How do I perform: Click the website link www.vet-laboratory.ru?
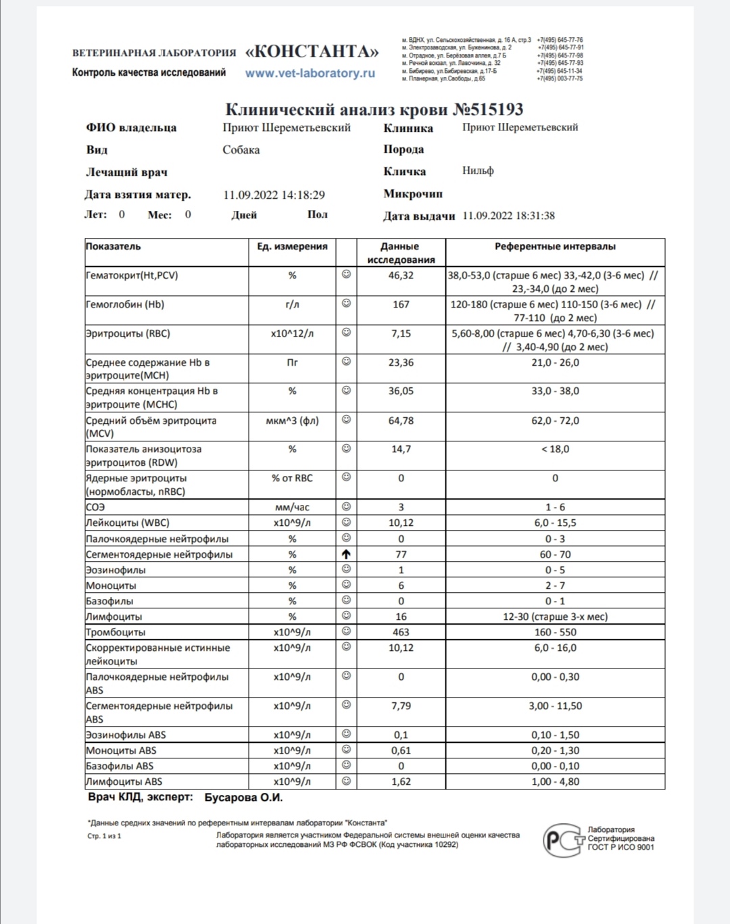pyautogui.click(x=310, y=73)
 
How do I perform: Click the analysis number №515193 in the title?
pyautogui.click(x=487, y=110)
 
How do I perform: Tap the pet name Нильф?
pyautogui.click(x=478, y=171)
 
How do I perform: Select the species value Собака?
pyautogui.click(x=241, y=150)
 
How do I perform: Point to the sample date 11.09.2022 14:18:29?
pyautogui.click(x=274, y=195)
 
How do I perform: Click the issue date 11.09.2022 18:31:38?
pyautogui.click(x=508, y=216)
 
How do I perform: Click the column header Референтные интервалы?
pyautogui.click(x=555, y=247)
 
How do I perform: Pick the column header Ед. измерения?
pyautogui.click(x=292, y=247)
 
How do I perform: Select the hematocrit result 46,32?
pyautogui.click(x=401, y=276)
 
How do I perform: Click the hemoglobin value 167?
pyautogui.click(x=401, y=305)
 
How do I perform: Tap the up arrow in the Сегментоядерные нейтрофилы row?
pyautogui.click(x=346, y=554)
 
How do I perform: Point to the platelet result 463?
pyautogui.click(x=401, y=632)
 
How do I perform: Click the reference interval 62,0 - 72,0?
pyautogui.click(x=555, y=420)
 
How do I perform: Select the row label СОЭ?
pyautogui.click(x=95, y=507)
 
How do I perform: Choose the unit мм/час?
pyautogui.click(x=292, y=507)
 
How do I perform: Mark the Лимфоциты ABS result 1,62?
pyautogui.click(x=401, y=781)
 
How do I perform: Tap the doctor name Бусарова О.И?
pyautogui.click(x=243, y=798)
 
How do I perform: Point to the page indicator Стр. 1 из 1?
pyautogui.click(x=105, y=836)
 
